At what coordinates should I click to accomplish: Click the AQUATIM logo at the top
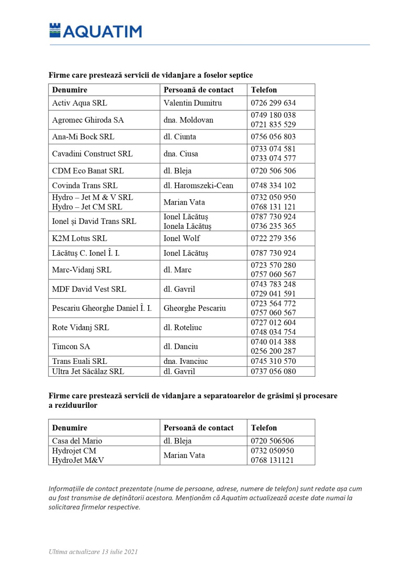96,31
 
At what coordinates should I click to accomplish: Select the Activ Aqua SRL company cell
79,103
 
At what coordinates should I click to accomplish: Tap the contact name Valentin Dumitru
193,103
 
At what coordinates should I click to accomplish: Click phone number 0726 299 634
273,103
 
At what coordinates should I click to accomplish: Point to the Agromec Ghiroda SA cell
88,120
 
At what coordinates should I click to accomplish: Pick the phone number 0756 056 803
273,137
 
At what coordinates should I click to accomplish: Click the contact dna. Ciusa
181,154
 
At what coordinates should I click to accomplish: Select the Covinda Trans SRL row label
85,186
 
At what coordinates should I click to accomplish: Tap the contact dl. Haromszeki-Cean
198,186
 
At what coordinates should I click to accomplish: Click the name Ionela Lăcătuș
187,226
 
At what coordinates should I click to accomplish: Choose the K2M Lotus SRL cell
79,239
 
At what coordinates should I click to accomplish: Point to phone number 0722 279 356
273,239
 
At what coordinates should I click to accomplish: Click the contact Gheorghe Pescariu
195,308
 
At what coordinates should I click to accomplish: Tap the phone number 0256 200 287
273,351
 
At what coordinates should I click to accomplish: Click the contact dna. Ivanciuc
186,361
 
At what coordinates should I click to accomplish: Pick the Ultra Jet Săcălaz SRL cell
88,372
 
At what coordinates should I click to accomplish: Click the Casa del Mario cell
77,441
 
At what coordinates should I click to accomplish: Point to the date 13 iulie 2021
120,552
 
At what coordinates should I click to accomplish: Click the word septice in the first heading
240,75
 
